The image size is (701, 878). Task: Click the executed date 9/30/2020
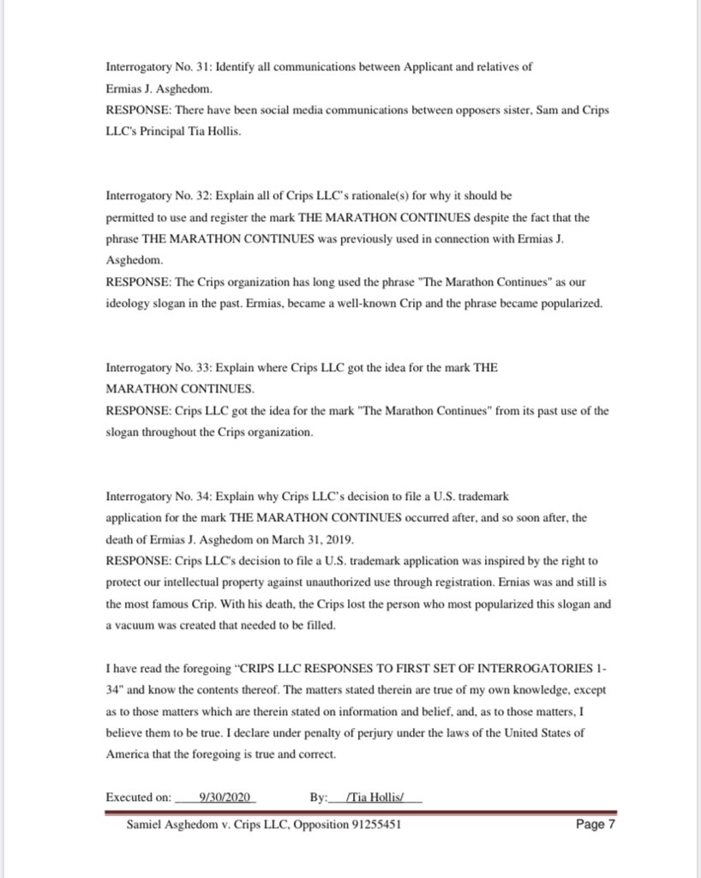[x=224, y=797]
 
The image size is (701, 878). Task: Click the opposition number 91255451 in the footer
[x=374, y=826]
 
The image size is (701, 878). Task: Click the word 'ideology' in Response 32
[x=125, y=304]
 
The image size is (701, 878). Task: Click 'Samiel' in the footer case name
[x=146, y=826]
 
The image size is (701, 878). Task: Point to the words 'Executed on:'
[x=138, y=797]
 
